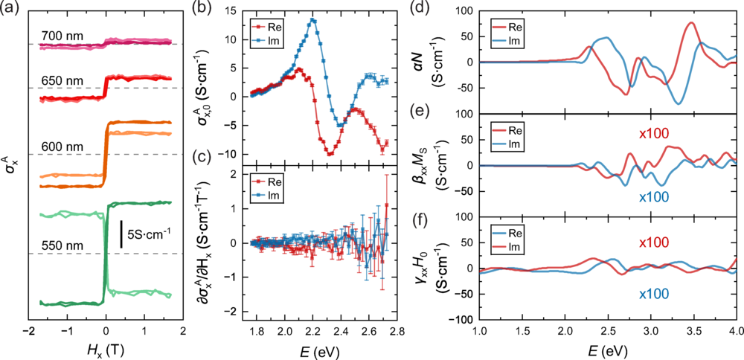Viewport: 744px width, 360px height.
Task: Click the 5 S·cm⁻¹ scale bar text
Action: (149, 233)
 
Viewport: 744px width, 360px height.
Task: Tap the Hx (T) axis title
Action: (106, 347)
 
